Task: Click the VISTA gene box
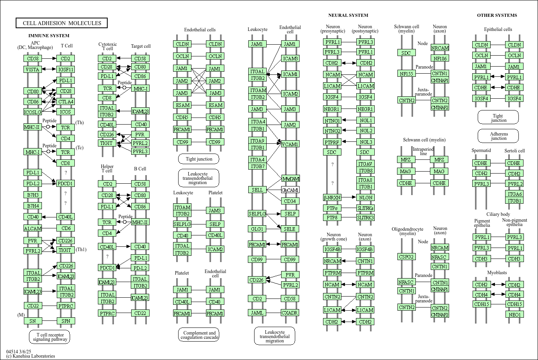pos(32,69)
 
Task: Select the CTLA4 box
pos(65,101)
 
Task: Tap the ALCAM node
pos(32,228)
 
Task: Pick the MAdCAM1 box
pos(291,179)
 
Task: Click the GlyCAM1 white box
pos(290,190)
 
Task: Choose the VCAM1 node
pos(290,144)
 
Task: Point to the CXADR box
pos(290,313)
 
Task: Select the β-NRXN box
pos(332,197)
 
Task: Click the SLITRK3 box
pos(365,217)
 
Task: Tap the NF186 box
pos(440,58)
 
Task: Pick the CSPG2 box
pos(406,257)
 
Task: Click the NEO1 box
pos(515,315)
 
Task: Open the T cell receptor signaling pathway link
pos(49,337)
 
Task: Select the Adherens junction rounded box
pos(498,136)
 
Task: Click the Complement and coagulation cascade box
pos(199,335)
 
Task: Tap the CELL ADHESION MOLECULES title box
pos(62,23)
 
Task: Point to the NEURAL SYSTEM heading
pos(348,15)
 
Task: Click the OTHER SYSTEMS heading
pos(497,15)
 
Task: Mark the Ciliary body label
pos(498,214)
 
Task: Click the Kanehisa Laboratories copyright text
pos(31,356)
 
